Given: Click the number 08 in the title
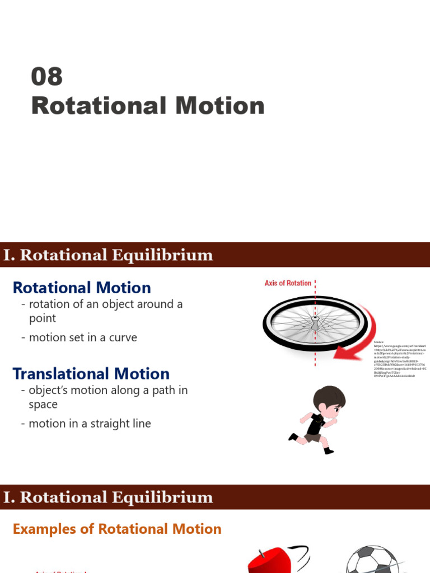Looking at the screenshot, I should point(46,77).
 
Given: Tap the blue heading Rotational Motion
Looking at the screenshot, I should point(82,288).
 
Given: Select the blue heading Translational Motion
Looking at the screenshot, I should point(91,374).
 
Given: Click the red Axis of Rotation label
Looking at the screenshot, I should point(288,283).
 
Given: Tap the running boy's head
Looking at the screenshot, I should point(329,401).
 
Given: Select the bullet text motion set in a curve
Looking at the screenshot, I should point(83,337).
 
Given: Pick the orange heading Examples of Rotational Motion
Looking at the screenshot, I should point(117,529).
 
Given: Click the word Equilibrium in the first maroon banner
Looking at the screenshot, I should point(162,255).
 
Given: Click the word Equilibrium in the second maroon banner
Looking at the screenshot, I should point(162,497).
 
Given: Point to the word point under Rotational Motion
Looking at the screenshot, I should point(43,318).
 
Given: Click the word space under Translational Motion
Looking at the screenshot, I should point(43,404).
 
